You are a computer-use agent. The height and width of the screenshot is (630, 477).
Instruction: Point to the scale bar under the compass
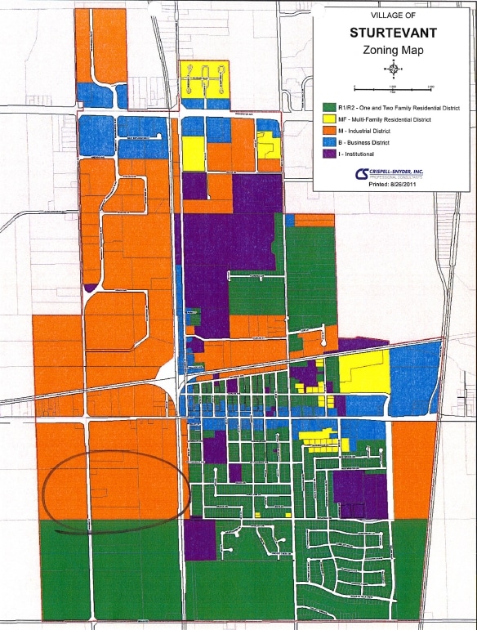click(x=393, y=86)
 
